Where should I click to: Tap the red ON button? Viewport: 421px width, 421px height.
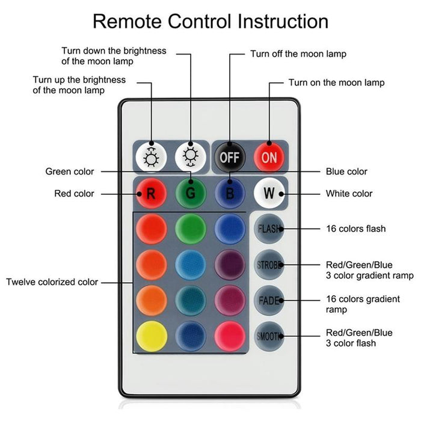[x=268, y=158]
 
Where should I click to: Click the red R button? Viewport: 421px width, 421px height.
[x=150, y=194]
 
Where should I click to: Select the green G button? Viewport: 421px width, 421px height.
[x=191, y=194]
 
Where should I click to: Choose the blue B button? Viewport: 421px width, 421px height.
[x=229, y=194]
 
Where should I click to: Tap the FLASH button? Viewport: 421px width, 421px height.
[x=268, y=229]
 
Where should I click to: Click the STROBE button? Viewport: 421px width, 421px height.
[x=268, y=265]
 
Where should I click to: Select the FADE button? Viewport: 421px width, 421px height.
[x=268, y=300]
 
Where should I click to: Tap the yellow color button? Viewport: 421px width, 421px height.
[x=152, y=336]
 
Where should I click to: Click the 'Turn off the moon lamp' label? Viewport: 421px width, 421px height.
[x=298, y=54]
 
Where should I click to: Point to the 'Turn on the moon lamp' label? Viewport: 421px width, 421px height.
[x=336, y=82]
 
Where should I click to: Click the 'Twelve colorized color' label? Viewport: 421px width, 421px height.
[x=52, y=281]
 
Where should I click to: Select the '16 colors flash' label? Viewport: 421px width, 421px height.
[x=355, y=229]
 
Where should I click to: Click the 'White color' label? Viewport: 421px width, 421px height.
[x=349, y=194]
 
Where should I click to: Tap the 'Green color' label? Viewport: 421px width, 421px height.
[x=70, y=171]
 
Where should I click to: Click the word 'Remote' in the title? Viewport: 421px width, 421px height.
[x=126, y=22]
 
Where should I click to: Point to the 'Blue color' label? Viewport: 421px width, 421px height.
[x=346, y=171]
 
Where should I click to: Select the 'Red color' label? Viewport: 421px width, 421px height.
[x=75, y=194]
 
